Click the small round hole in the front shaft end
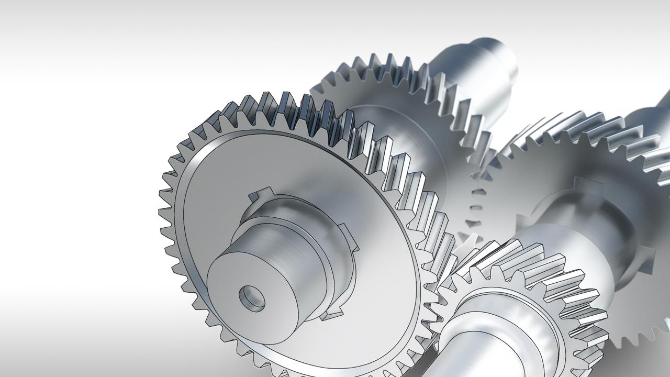252,297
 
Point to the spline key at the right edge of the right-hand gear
649,257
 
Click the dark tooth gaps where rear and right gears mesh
474,209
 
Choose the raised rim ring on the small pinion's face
502,314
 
